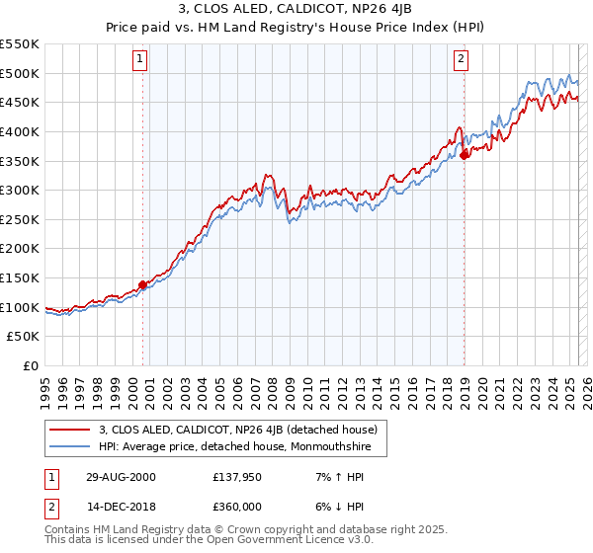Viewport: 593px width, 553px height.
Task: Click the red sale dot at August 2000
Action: pos(142,284)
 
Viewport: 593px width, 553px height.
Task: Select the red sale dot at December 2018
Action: pos(465,153)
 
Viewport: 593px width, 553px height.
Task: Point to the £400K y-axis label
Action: pos(19,131)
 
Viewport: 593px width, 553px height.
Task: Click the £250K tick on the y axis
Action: pos(19,219)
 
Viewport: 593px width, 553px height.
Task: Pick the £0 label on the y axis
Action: pos(30,365)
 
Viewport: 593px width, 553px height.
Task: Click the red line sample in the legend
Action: pos(69,430)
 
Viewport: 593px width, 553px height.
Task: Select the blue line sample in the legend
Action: pos(69,447)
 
